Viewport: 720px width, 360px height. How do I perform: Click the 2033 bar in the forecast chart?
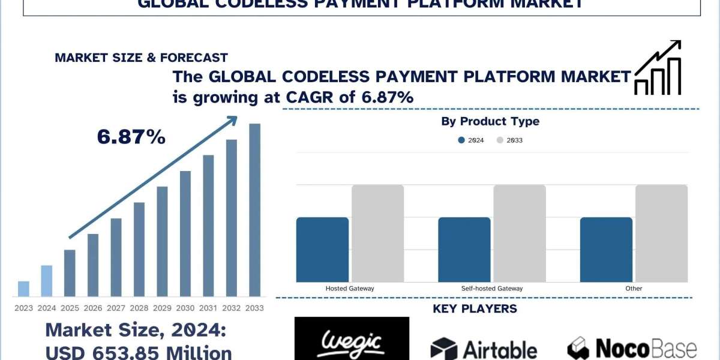click(x=255, y=210)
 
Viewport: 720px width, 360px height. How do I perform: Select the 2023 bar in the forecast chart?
click(x=23, y=289)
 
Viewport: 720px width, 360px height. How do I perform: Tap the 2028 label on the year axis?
click(x=139, y=308)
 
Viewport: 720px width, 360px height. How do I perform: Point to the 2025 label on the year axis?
click(x=70, y=308)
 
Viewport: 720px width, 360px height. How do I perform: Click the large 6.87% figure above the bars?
click(x=131, y=137)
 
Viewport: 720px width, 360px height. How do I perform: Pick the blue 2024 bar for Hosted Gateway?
click(x=322, y=250)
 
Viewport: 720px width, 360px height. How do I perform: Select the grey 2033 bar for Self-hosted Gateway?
click(x=520, y=233)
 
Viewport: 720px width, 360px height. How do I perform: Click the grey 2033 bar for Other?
click(x=661, y=233)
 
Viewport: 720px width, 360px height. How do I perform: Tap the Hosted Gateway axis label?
click(x=350, y=289)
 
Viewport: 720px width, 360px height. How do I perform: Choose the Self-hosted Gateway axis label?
click(x=492, y=289)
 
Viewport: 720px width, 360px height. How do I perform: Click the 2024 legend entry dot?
click(x=461, y=140)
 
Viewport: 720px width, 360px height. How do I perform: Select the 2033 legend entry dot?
click(x=500, y=140)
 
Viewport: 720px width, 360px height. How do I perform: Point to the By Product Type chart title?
click(x=490, y=122)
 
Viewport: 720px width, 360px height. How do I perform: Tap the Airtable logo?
click(x=484, y=349)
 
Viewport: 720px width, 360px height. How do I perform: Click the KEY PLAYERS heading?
click(x=475, y=309)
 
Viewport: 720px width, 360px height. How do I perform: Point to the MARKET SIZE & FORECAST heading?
click(x=141, y=58)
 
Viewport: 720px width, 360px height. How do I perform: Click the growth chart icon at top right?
click(x=658, y=68)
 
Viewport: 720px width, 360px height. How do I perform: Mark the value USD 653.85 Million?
click(x=139, y=352)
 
